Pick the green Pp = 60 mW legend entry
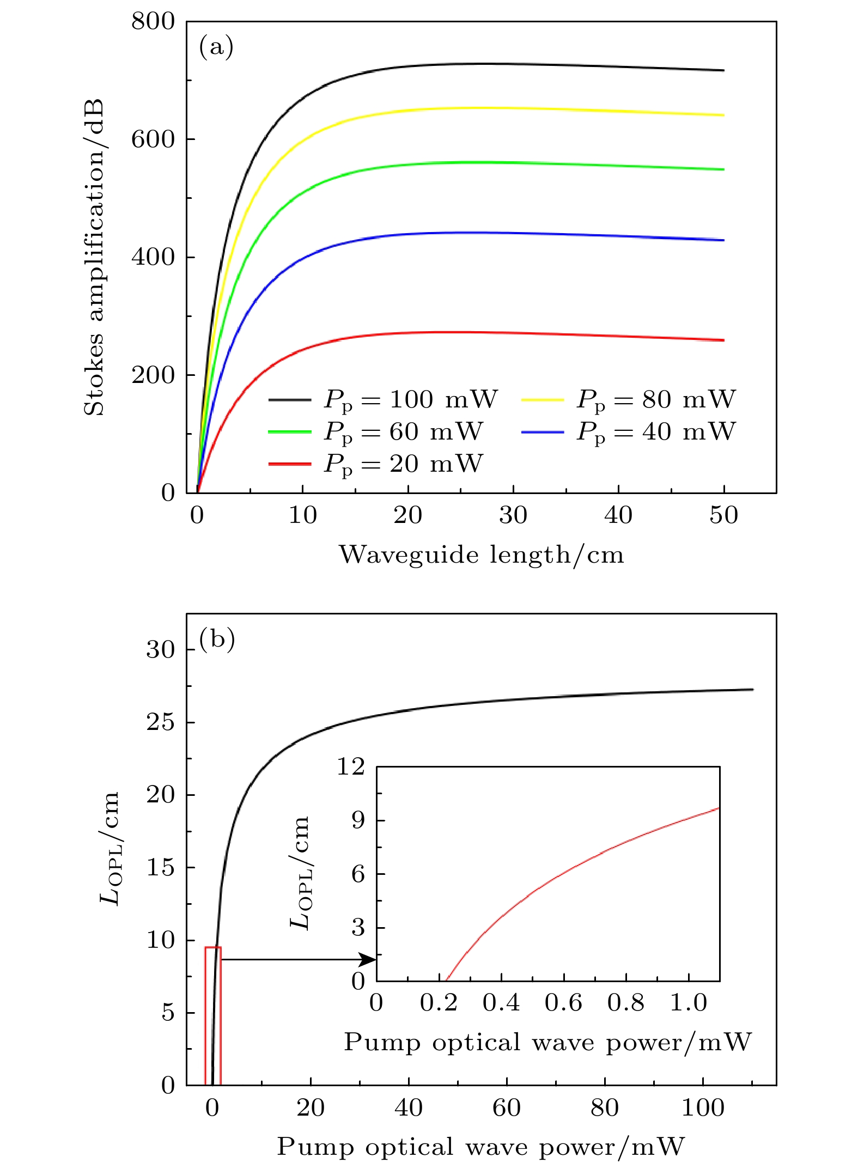376,431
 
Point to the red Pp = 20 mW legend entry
376,464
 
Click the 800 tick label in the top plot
153,22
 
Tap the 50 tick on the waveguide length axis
723,515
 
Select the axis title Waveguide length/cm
482,555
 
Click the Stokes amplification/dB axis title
94,257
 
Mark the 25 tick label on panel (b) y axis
160,722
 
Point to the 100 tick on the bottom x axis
703,1108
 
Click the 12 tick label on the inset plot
350,767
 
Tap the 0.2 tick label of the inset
439,1003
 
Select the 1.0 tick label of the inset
688,1003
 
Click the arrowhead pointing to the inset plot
369,959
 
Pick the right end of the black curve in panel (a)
723,70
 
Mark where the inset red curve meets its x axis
447,981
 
